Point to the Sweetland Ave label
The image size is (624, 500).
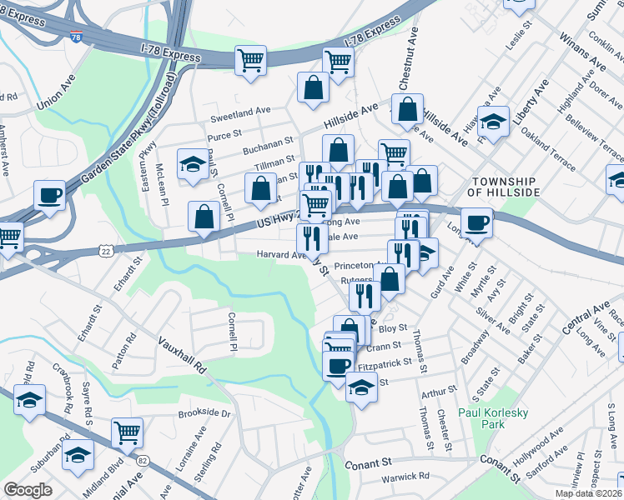240,110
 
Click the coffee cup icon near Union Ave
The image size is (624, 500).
50,197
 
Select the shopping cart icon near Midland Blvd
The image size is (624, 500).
127,432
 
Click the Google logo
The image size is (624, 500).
28,490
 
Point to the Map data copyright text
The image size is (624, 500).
589,493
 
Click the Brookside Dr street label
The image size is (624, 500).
204,412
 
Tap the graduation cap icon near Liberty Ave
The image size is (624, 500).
493,122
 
